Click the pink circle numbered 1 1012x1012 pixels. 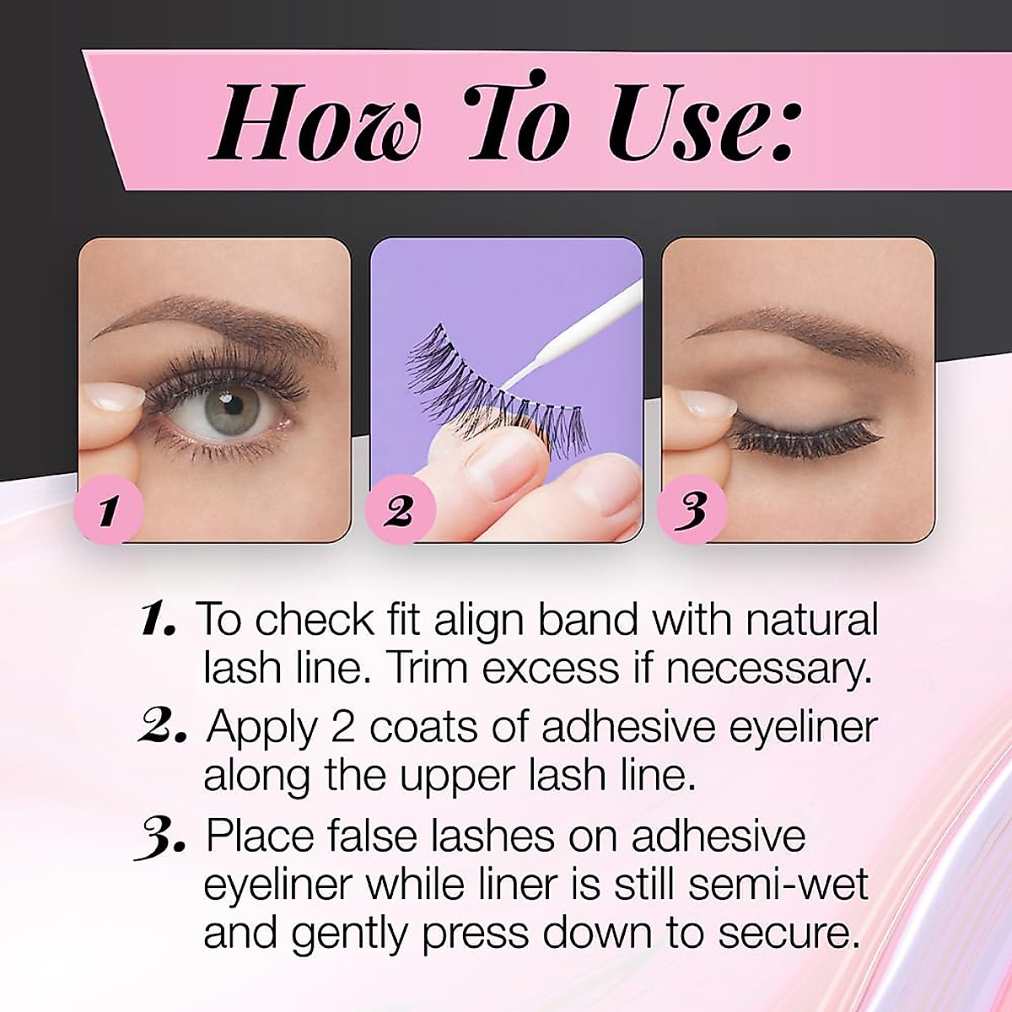107,510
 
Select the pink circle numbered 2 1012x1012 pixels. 399,510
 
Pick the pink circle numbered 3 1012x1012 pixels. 692,510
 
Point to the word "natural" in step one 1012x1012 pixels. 811,620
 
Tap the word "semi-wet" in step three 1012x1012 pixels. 778,885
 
